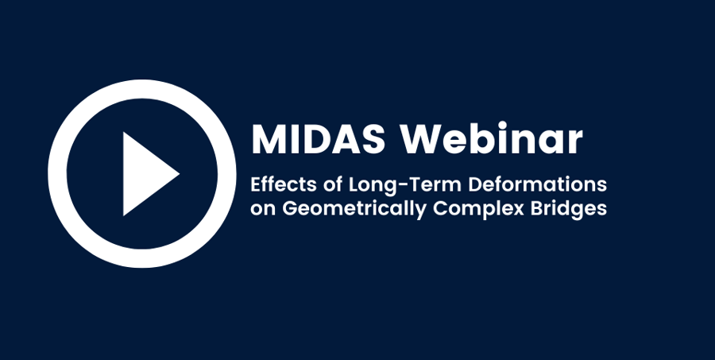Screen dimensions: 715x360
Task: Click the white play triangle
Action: coord(144,174)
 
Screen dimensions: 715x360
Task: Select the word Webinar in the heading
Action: coord(492,138)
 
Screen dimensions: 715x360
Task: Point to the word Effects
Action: coord(283,184)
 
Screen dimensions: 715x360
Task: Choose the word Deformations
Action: coord(538,184)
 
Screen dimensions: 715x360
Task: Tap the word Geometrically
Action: coord(354,209)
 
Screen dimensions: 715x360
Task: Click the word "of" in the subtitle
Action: coord(333,184)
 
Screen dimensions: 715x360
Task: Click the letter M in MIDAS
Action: coord(267,140)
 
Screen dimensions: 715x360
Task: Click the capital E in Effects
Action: coord(257,185)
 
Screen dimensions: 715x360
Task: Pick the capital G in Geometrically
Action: coord(290,208)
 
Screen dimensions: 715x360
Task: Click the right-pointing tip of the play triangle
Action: coord(180,173)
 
